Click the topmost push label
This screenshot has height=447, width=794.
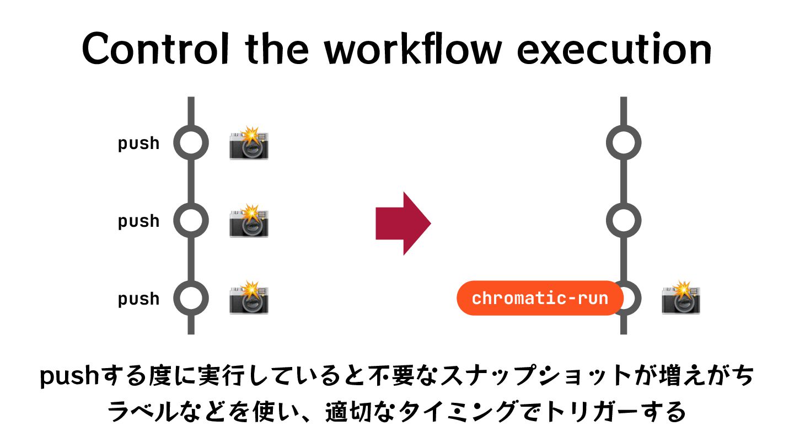[x=138, y=143]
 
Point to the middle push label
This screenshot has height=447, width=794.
[x=138, y=221]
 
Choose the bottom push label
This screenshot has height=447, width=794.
[x=138, y=299]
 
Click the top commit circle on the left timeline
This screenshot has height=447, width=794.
[x=191, y=143]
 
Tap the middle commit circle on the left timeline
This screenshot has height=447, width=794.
[x=191, y=221]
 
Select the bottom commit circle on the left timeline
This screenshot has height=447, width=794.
[x=191, y=299]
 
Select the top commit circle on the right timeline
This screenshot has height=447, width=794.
[x=624, y=143]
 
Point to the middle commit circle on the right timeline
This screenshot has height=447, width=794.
[x=624, y=221]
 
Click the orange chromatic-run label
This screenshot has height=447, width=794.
[x=539, y=299]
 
